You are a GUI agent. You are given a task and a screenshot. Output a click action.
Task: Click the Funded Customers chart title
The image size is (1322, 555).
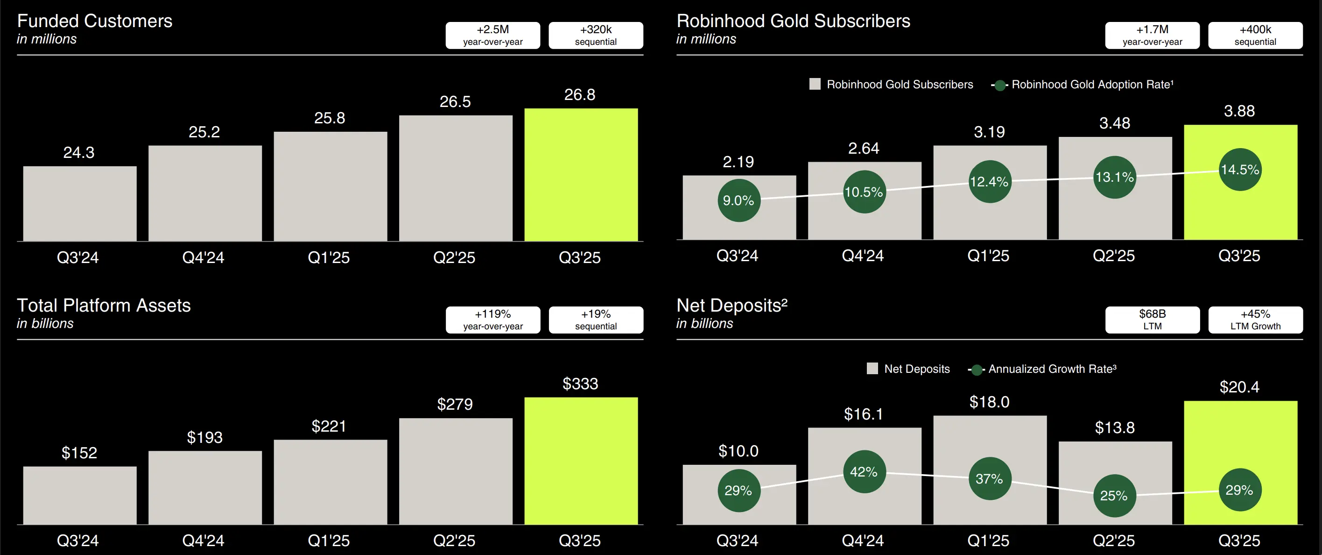coord(94,21)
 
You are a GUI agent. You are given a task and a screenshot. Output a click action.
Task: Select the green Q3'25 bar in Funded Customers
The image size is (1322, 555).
coord(581,175)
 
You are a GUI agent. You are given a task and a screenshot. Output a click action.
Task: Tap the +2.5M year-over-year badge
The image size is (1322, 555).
coord(492,35)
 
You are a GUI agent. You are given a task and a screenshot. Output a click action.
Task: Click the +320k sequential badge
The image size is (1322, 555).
coord(595,35)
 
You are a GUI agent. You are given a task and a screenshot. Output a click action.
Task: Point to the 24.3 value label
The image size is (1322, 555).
coord(78,152)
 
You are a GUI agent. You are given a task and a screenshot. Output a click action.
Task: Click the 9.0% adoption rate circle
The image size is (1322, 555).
coord(738,200)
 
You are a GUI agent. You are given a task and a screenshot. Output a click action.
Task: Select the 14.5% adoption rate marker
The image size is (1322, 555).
coord(1239,170)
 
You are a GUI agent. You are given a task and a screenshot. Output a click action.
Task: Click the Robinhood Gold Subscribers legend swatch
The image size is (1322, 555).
coord(815,84)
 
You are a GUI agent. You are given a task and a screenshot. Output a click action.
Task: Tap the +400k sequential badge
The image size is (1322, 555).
coord(1255,35)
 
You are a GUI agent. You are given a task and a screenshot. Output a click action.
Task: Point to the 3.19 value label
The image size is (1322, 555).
coord(989,132)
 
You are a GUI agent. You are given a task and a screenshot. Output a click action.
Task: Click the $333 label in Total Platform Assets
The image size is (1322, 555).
coord(580,384)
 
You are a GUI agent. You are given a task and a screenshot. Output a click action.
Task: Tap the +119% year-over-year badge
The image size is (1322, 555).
coord(492,320)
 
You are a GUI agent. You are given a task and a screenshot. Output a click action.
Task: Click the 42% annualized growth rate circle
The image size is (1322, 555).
coord(864,472)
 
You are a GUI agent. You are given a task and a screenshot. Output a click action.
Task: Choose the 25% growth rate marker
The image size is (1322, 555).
coord(1114,496)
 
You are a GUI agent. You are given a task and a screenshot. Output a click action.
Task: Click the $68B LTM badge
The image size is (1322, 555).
coord(1152,320)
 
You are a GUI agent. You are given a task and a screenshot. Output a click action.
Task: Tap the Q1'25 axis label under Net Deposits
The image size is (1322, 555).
coord(988,541)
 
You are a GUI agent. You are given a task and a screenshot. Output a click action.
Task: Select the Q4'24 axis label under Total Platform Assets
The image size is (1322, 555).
coord(203,541)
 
